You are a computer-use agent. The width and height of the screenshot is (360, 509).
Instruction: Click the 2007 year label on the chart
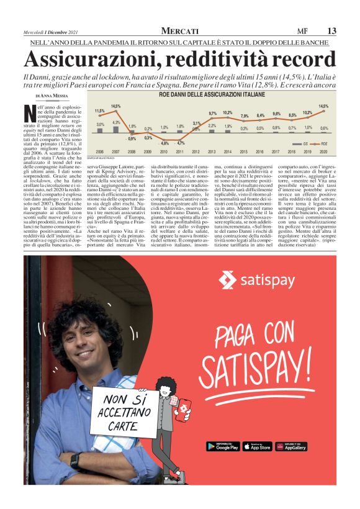[x=116, y=151]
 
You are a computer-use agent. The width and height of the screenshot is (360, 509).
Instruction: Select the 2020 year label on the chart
[x=323, y=151]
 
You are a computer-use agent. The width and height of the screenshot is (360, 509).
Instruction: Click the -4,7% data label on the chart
[x=181, y=143]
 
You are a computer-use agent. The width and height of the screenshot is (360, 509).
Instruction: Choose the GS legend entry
[x=304, y=143]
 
